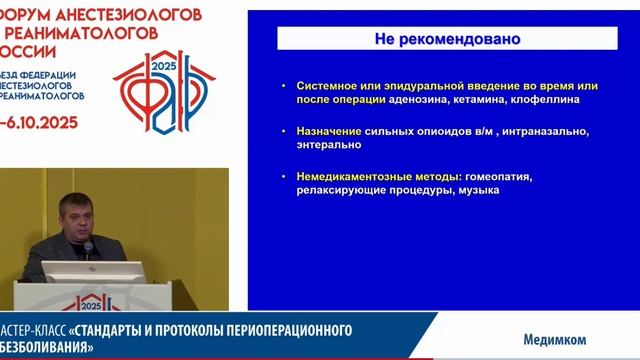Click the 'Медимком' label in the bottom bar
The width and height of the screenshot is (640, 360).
[555, 338]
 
